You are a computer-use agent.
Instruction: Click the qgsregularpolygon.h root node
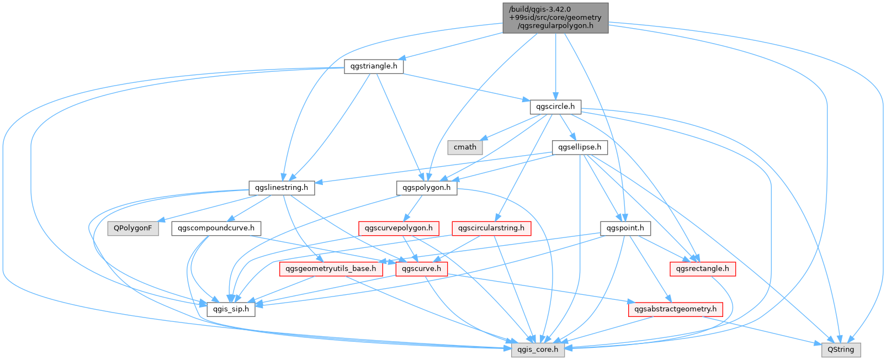click(x=555, y=18)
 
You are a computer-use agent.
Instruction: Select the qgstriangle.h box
click(x=374, y=66)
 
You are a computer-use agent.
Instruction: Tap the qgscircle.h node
click(x=555, y=107)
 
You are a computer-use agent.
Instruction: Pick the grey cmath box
click(x=465, y=147)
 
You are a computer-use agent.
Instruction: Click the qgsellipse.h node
click(x=580, y=147)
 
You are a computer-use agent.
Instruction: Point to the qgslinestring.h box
click(x=282, y=188)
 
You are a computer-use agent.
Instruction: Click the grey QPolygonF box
click(x=133, y=228)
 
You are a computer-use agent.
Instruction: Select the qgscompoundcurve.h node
click(x=216, y=228)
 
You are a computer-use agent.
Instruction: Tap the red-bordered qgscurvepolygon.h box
click(x=399, y=228)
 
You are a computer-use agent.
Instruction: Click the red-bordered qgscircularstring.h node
click(x=491, y=228)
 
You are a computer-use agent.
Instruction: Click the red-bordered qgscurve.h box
click(x=422, y=269)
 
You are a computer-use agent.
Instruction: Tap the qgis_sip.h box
click(x=231, y=309)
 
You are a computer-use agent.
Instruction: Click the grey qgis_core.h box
click(x=538, y=350)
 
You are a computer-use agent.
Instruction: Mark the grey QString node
click(x=841, y=350)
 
